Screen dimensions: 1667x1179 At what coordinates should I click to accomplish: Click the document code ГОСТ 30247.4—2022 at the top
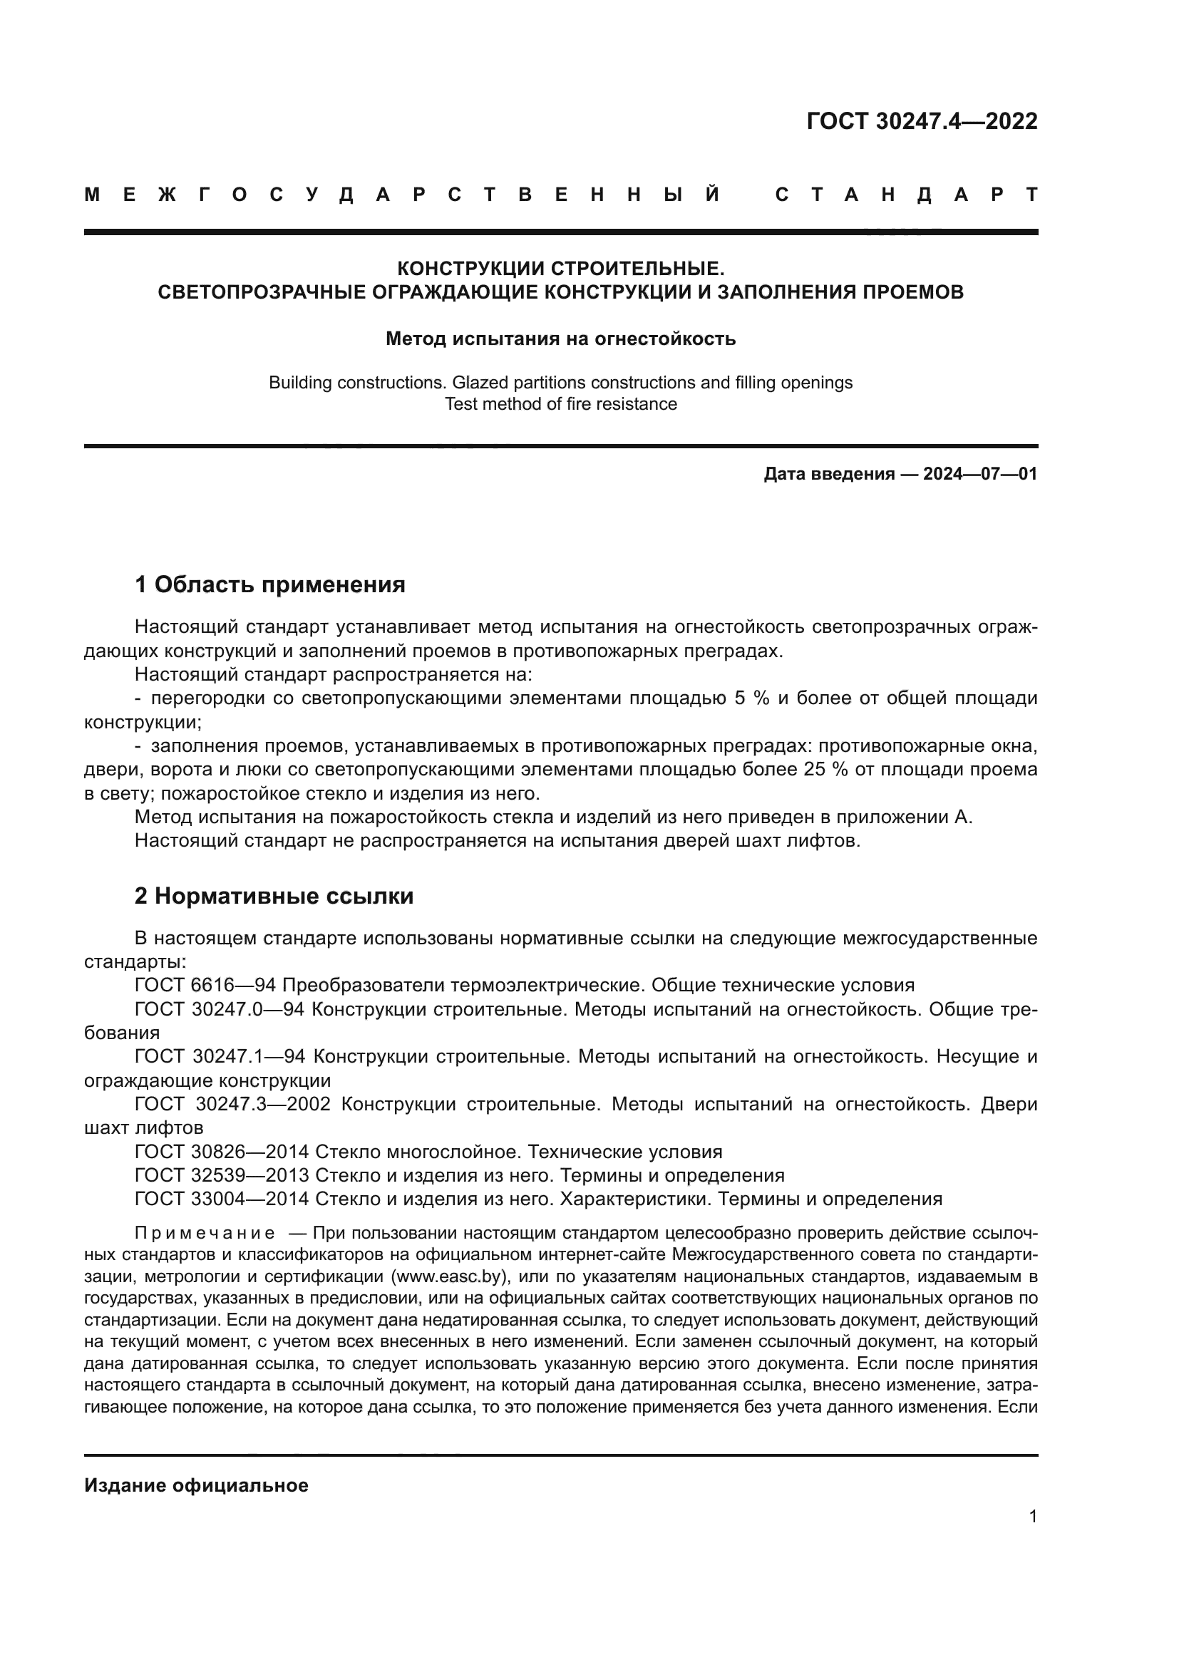921,121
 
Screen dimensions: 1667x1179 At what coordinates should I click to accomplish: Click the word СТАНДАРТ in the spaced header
906,195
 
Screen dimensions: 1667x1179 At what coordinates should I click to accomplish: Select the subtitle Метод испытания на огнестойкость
560,339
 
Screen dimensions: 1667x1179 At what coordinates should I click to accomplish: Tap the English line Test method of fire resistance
560,404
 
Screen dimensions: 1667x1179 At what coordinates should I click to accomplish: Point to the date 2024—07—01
980,475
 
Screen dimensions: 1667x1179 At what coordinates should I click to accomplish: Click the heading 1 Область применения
270,584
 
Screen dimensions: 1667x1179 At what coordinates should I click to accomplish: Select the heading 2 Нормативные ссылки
274,897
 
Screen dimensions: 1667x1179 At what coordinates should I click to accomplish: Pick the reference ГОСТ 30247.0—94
220,1010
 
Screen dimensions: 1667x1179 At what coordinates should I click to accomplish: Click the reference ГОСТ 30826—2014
222,1152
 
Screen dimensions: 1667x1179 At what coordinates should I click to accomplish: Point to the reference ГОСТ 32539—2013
222,1175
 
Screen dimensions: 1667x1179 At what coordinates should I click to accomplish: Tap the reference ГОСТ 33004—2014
222,1199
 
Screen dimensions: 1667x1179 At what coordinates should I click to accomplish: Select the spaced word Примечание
205,1234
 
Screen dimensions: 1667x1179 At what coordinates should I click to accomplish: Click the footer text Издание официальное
196,1485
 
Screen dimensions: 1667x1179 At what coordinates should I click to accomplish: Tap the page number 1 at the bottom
1033,1517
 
